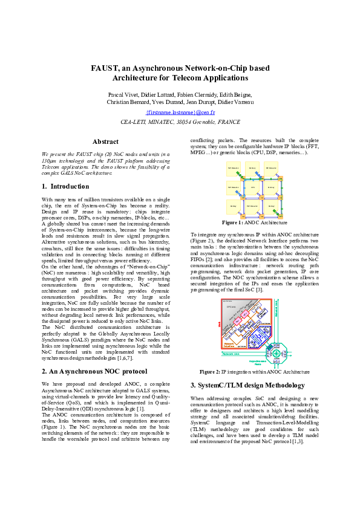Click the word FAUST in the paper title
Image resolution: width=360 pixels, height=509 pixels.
[104, 68]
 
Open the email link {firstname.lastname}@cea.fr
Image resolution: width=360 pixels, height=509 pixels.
[180, 112]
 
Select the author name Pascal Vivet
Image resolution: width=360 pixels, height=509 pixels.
[123, 95]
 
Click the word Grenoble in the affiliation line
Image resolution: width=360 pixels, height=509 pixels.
[204, 122]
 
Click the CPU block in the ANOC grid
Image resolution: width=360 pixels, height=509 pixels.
[252, 187]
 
